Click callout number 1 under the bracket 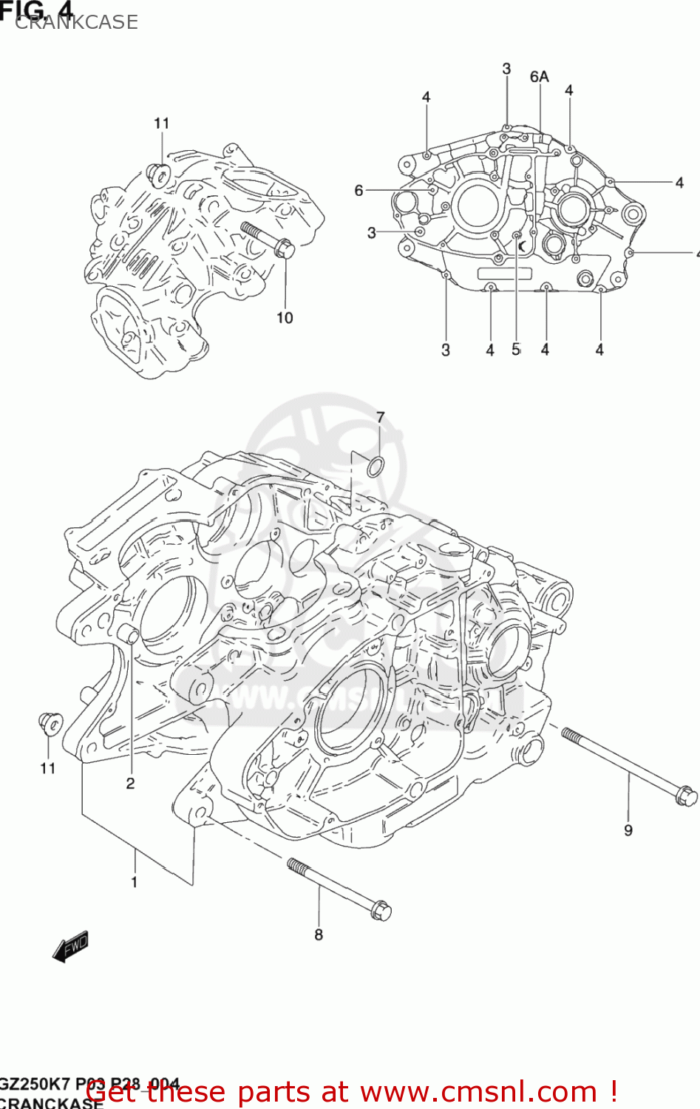(x=135, y=881)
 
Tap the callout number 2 (x=130, y=784)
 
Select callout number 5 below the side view (x=516, y=350)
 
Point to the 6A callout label (x=540, y=77)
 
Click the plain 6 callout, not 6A (x=359, y=191)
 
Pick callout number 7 (x=380, y=418)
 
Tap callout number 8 (x=319, y=935)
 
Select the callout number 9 (x=628, y=830)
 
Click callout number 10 (x=285, y=318)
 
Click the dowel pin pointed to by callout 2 (x=129, y=634)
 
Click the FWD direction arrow (x=71, y=946)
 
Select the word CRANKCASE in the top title (x=77, y=23)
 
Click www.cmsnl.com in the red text (x=478, y=1092)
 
